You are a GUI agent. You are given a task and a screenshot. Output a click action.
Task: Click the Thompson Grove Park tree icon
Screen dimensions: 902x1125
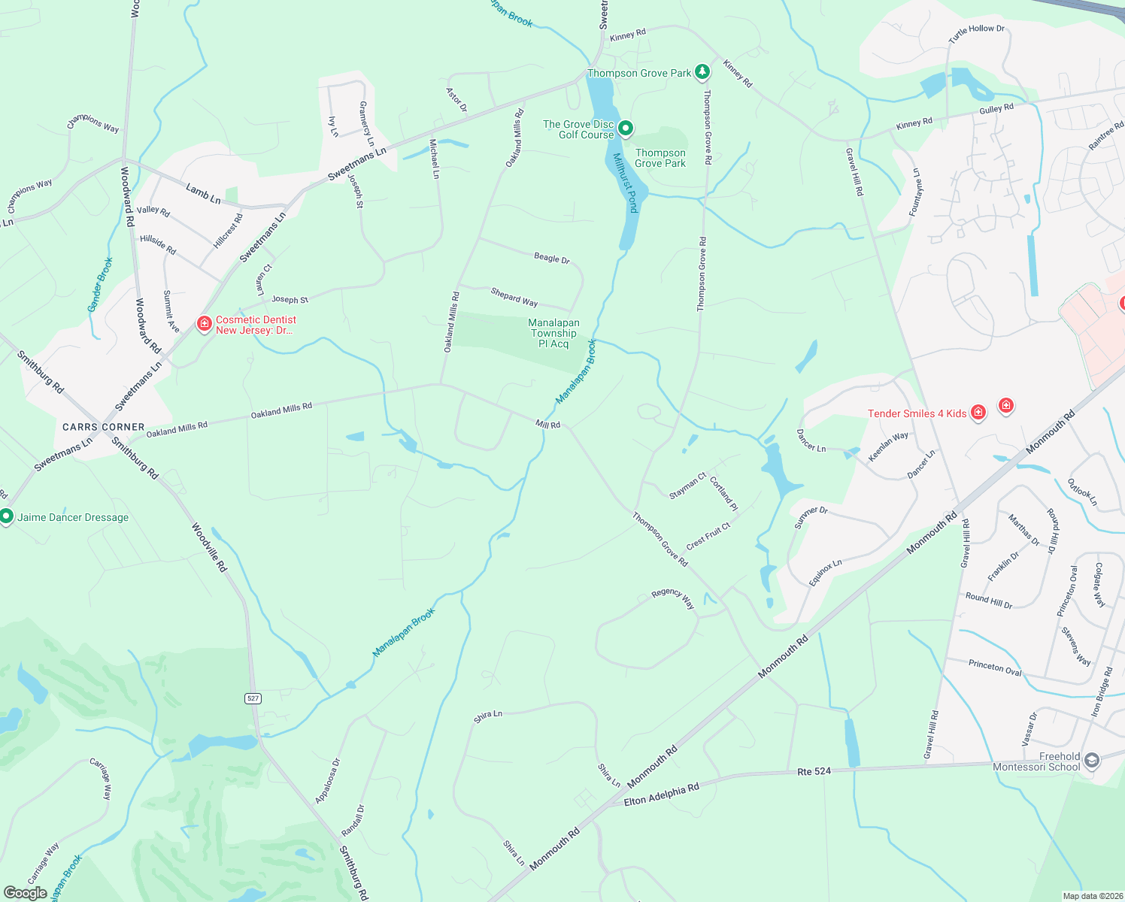[702, 72]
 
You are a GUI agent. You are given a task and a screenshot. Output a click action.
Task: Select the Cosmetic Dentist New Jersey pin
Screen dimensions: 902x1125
[204, 324]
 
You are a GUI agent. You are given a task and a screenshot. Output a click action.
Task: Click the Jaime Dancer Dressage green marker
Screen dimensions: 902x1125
[7, 516]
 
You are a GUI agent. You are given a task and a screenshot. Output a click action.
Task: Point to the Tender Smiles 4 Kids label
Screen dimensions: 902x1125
[917, 413]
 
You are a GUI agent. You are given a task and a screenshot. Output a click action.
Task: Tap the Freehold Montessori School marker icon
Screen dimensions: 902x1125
[1092, 761]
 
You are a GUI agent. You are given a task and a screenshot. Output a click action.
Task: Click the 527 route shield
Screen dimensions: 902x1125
[253, 698]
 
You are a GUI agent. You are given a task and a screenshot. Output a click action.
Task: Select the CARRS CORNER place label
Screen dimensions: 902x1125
[103, 427]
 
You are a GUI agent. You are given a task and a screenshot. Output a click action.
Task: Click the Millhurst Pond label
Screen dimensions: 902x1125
[625, 183]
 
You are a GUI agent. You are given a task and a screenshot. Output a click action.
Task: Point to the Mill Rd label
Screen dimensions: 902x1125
[547, 425]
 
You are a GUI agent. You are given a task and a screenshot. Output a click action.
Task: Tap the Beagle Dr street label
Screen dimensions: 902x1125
[552, 258]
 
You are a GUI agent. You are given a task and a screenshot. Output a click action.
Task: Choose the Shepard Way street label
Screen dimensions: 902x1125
[514, 297]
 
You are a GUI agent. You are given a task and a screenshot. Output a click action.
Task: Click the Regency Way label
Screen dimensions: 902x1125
[673, 598]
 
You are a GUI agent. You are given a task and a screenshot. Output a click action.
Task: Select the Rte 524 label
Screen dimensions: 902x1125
[814, 771]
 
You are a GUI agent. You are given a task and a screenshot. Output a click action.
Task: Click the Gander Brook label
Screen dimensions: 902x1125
[100, 284]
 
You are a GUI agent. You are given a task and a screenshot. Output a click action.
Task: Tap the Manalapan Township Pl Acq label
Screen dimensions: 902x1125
[553, 333]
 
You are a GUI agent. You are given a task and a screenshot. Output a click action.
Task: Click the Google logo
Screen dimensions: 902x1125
[25, 893]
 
